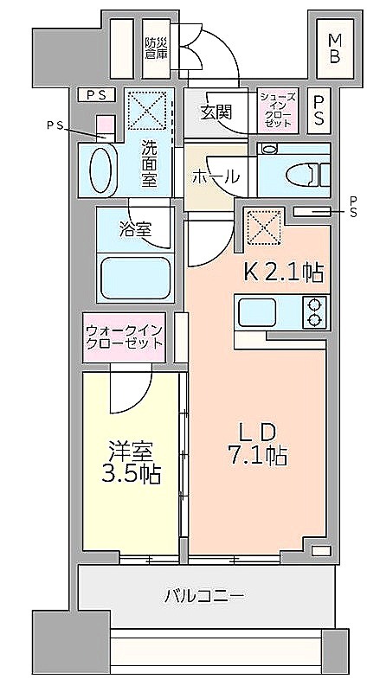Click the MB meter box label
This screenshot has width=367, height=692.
pos(334,48)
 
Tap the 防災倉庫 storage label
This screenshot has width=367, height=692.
pos(157,48)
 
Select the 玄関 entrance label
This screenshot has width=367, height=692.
pos(216,112)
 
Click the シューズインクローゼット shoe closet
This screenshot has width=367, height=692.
pos(277,110)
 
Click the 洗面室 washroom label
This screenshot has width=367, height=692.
pos(150,163)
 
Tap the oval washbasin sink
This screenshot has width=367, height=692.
pos(100,169)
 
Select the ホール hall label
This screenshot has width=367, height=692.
pos(215,177)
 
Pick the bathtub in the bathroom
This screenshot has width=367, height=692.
pos(135,278)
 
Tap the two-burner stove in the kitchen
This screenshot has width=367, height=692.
pos(314,312)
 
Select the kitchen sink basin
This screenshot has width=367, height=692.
pos(257,311)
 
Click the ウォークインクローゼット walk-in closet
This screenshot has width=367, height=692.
pos(124,337)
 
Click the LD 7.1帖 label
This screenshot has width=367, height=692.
pos(257,445)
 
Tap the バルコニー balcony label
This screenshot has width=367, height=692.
pos(204,597)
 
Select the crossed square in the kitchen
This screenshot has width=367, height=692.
pos(264,227)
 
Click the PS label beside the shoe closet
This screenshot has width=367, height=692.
pos(319,110)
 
